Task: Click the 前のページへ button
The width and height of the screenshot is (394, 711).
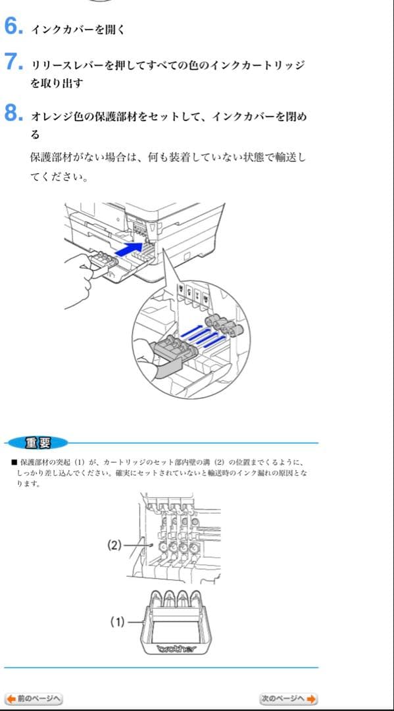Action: point(34,698)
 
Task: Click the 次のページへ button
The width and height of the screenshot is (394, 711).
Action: point(289,698)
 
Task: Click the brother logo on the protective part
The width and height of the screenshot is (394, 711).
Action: point(176,650)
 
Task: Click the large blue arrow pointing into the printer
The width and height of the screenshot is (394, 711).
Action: point(129,250)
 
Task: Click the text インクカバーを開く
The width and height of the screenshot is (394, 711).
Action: point(78,30)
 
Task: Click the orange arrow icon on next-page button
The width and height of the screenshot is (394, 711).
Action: point(311,698)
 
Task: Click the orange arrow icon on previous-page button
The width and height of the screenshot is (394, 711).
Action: point(10,698)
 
